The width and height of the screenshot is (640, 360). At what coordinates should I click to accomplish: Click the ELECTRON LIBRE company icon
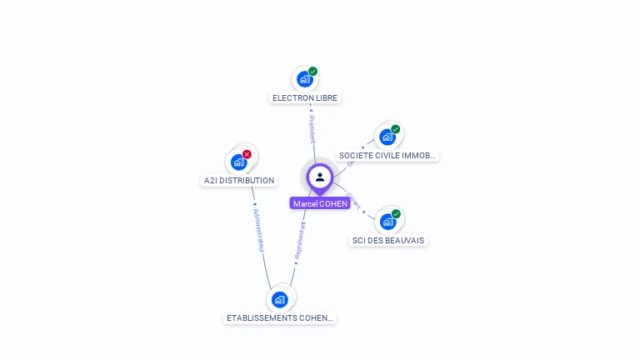pos(304,80)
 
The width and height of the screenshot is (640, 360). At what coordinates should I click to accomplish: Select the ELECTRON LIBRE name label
pos(305,98)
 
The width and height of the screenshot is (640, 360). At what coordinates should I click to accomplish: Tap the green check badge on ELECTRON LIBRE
pos(313,72)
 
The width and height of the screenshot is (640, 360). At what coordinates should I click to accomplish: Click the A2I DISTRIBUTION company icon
pos(239,162)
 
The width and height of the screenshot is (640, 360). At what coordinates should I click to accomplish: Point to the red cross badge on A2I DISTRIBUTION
pos(247,154)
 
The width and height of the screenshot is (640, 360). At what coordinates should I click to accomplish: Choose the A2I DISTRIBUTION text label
pos(239,181)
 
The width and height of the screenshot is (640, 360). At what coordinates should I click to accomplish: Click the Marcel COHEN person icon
pos(320,177)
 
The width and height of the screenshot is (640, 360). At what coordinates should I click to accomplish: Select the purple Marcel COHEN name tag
pos(320,203)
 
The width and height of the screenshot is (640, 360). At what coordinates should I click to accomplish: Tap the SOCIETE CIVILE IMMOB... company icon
pos(387,137)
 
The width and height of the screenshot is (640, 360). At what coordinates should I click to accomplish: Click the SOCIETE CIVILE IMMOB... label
pos(387,156)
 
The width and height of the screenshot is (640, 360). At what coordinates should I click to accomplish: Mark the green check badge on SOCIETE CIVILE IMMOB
pos(396,129)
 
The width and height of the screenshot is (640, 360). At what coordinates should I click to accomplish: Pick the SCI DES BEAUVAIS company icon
pos(387,222)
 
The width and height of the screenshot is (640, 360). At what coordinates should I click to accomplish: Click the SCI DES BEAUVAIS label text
pos(388,241)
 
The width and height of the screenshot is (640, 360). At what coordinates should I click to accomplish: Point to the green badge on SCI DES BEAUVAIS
pos(396,214)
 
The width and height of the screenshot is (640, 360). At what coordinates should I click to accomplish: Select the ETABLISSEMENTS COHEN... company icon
pos(280,299)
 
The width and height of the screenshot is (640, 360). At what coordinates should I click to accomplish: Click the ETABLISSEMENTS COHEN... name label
pos(281,318)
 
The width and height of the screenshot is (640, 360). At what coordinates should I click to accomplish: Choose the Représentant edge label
pos(300,242)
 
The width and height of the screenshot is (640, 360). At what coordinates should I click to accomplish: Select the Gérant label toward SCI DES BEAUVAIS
pos(354,201)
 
